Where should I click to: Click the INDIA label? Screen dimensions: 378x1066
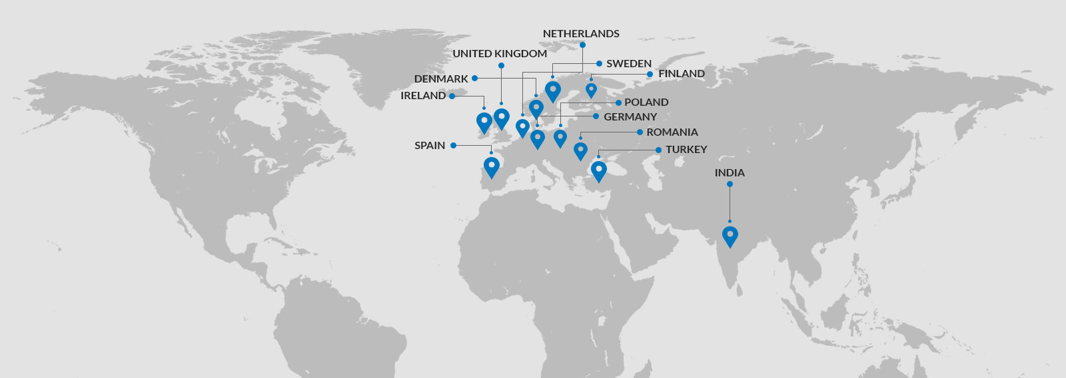[730, 173]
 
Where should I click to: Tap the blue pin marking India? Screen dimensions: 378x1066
[730, 236]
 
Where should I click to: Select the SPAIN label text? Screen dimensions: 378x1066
[430, 146]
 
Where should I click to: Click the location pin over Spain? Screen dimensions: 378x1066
[492, 166]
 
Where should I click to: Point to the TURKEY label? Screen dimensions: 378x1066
[686, 150]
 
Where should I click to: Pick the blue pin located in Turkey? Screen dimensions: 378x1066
[599, 170]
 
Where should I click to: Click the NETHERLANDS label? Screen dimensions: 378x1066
[581, 34]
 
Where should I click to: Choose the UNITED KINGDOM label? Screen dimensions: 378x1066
[500, 54]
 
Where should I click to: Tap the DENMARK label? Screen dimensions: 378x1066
[441, 79]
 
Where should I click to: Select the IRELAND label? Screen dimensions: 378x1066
[423, 96]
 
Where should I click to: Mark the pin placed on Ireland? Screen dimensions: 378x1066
[484, 122]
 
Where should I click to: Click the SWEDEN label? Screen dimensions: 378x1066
[629, 64]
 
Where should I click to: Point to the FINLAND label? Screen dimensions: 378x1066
[682, 74]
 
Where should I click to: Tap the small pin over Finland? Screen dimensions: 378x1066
[591, 89]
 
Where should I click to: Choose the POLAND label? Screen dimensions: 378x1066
[646, 102]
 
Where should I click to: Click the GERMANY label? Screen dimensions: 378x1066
[630, 117]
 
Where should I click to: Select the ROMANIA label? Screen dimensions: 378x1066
[672, 132]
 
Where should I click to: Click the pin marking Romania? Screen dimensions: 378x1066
[580, 150]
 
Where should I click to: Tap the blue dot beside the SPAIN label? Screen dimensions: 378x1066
[453, 145]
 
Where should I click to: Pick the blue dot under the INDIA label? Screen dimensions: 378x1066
[730, 184]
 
